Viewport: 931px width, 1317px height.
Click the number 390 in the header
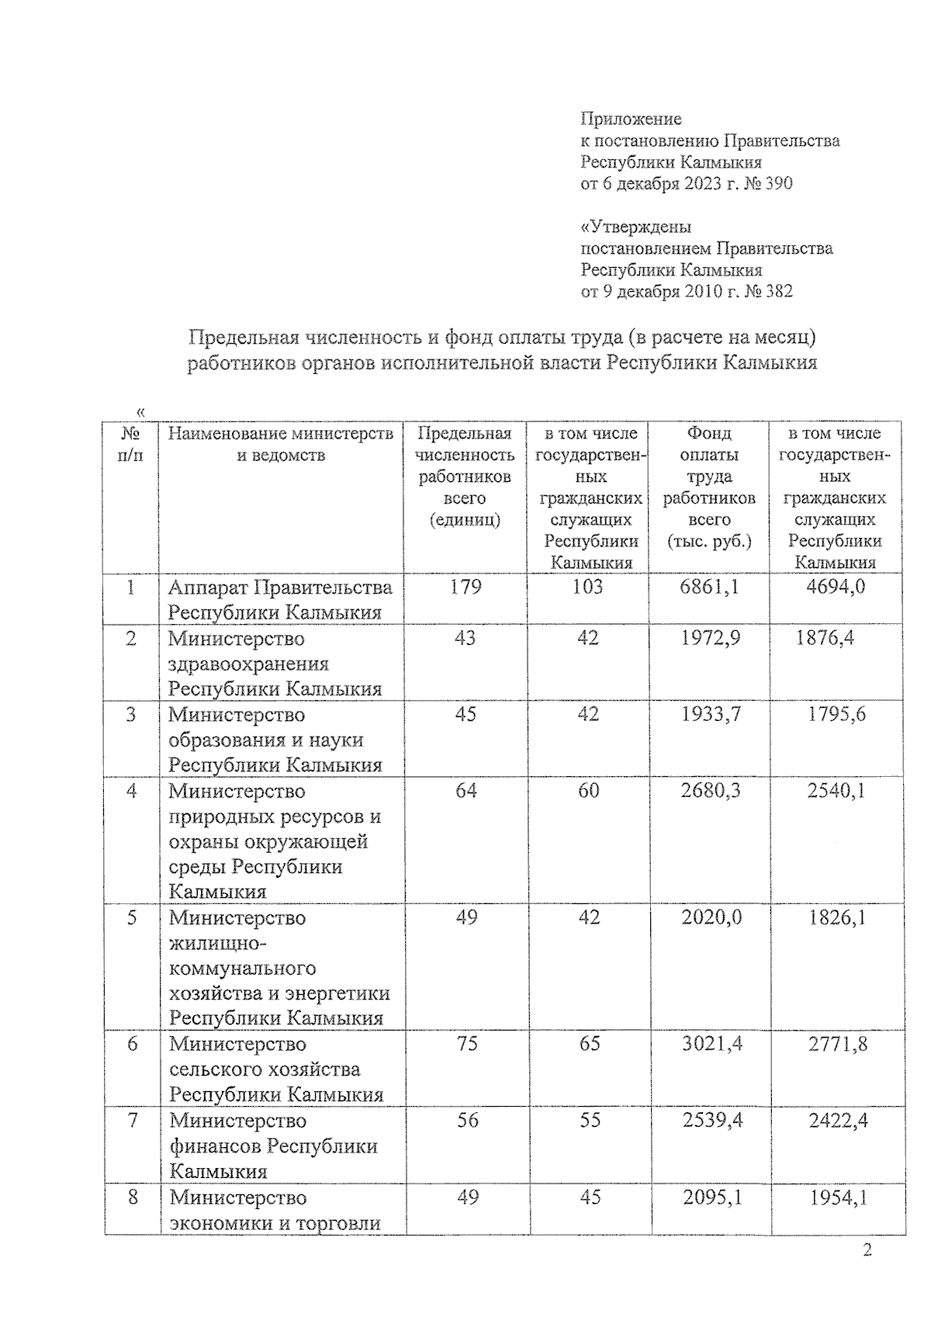tap(778, 184)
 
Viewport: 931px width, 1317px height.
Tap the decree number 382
tap(778, 292)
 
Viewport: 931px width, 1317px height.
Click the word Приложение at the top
tap(631, 119)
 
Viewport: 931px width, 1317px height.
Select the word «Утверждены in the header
tap(635, 227)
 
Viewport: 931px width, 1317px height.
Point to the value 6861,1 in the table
tap(709, 587)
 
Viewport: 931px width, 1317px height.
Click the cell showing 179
tap(465, 587)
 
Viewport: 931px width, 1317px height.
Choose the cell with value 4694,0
tap(836, 587)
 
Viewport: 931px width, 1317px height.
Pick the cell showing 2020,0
tap(711, 917)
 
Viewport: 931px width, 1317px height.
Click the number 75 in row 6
tap(467, 1044)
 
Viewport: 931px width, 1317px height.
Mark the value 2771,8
tap(837, 1044)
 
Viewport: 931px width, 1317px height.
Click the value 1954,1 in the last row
tap(838, 1197)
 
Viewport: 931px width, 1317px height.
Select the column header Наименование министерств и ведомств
tap(280, 444)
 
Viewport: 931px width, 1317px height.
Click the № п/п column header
tap(130, 444)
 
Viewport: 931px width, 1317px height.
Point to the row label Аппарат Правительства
tap(280, 587)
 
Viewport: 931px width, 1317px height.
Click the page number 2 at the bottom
tap(867, 1249)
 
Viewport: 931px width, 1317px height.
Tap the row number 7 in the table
tap(132, 1120)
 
